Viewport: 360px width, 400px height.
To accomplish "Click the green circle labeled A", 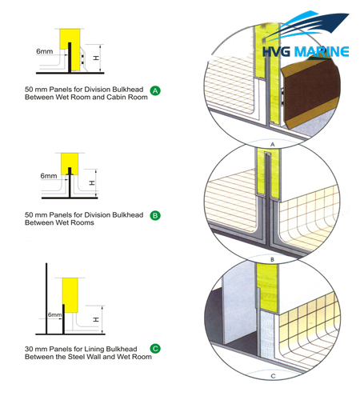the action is (x=155, y=90).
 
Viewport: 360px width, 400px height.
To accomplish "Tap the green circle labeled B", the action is (x=155, y=215).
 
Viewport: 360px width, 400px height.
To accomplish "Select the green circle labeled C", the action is (x=155, y=349).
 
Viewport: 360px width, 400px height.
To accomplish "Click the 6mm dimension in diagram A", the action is (x=45, y=51).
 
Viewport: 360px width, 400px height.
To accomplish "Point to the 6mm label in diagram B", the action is (x=49, y=176).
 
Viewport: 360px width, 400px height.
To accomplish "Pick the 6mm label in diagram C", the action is (x=54, y=315).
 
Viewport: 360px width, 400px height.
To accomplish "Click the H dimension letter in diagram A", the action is (x=96, y=58).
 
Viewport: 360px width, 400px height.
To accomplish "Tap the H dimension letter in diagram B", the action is (x=92, y=183).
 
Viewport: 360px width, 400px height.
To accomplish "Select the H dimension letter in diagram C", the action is (x=96, y=319).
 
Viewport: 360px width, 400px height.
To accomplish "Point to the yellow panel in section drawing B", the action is (x=70, y=163).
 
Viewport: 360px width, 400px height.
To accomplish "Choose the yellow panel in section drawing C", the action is (x=70, y=295).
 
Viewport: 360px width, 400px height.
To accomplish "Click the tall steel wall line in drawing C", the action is (x=46, y=298).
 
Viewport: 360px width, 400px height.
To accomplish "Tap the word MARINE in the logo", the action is (x=321, y=52).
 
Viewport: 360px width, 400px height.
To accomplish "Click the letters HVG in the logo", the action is (x=276, y=52).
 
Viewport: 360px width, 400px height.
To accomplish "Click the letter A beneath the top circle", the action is (x=272, y=145).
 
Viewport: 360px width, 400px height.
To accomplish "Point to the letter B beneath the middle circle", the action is (x=272, y=259).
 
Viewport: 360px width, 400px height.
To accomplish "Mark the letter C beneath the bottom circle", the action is (x=273, y=376).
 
